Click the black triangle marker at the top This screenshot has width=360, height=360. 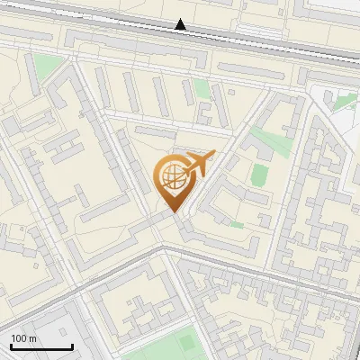coord(182,25)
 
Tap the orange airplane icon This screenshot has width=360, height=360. coord(197,166)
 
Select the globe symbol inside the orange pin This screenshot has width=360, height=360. coord(172,179)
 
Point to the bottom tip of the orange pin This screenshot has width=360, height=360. coord(173,212)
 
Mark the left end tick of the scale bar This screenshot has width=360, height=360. coord(12,346)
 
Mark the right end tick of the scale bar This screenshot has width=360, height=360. coord(72,346)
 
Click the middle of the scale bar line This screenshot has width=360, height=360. coord(41,346)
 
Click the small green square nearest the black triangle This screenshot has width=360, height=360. coord(201,87)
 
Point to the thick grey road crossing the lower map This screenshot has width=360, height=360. coord(234,267)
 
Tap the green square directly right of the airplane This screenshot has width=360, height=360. coord(259,174)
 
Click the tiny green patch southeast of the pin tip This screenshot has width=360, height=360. coord(236,224)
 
